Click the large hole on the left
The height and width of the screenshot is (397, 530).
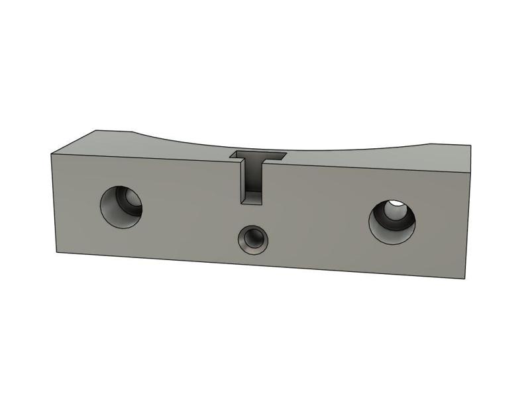(121, 206)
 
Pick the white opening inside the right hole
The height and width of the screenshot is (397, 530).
(396, 204)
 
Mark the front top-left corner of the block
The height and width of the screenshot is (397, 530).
(52, 153)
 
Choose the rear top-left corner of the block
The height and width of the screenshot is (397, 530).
(97, 130)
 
